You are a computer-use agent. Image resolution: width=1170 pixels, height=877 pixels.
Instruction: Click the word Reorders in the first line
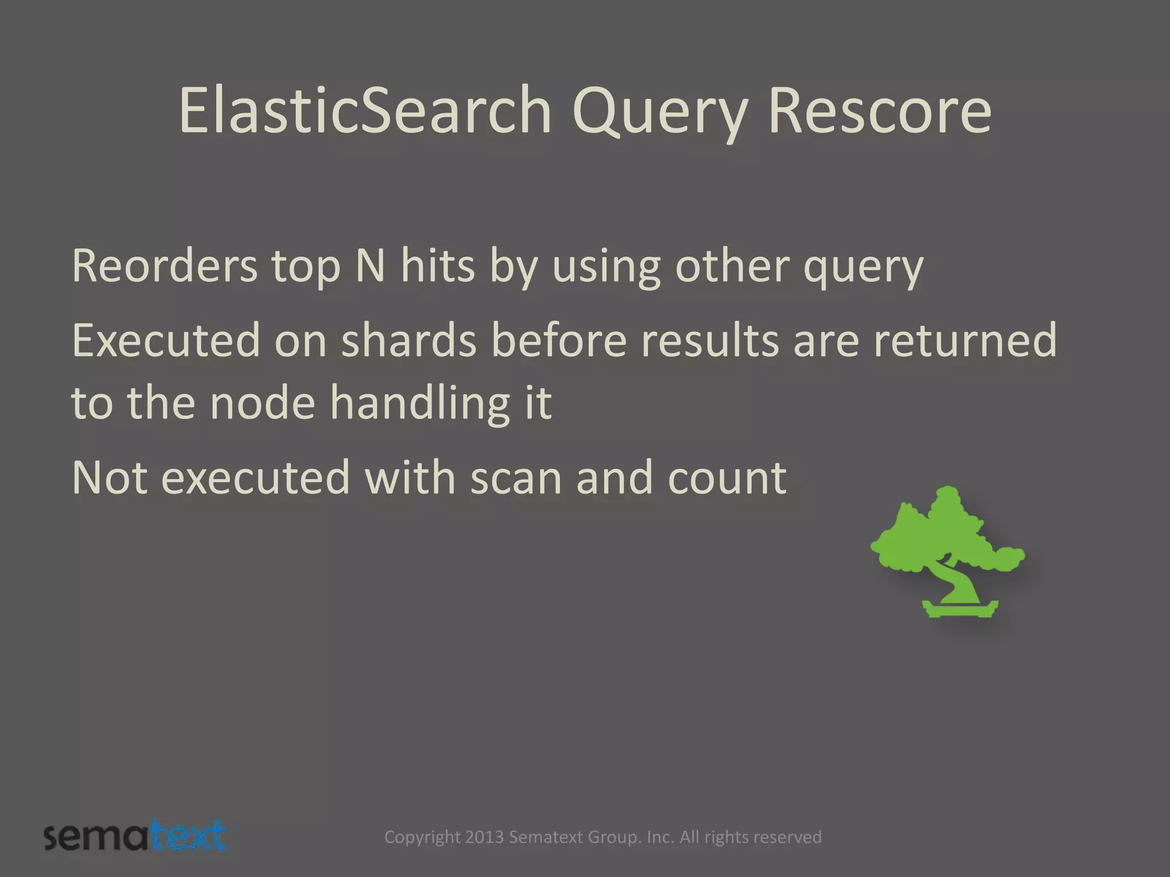[165, 266]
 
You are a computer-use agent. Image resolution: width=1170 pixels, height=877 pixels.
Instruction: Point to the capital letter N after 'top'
[370, 266]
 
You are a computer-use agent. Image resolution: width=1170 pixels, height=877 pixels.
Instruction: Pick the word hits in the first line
[438, 266]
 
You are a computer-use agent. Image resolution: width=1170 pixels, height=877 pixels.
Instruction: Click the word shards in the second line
[408, 341]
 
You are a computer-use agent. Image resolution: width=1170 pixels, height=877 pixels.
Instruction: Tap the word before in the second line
[558, 341]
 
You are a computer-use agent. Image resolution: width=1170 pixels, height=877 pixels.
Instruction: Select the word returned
[965, 341]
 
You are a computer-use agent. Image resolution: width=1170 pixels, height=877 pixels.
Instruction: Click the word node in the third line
[262, 403]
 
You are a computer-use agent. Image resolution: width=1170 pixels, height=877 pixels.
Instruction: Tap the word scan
[516, 478]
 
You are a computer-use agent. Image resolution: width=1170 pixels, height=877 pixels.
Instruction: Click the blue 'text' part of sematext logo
[190, 836]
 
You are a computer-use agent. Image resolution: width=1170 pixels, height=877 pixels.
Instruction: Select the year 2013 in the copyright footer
[484, 837]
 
